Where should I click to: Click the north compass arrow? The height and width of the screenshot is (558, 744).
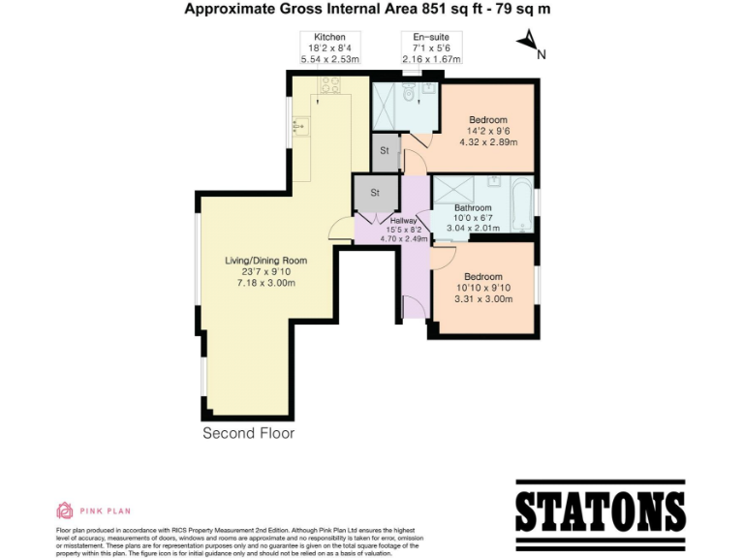point(527,41)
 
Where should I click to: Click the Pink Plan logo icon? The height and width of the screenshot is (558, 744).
point(65,511)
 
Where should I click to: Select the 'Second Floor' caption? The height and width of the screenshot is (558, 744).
point(248,433)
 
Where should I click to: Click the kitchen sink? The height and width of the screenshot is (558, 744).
point(300,125)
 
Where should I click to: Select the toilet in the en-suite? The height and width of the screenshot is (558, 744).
point(409,92)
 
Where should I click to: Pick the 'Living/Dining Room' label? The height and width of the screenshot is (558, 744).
point(266,260)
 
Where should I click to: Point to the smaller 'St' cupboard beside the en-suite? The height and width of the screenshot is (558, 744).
point(385,151)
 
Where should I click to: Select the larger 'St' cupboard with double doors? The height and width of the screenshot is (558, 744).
point(375,192)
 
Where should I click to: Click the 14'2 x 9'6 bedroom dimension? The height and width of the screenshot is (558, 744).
point(487,132)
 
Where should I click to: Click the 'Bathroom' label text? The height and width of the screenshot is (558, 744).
point(474,207)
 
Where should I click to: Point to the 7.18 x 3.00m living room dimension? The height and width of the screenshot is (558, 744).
point(266,283)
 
